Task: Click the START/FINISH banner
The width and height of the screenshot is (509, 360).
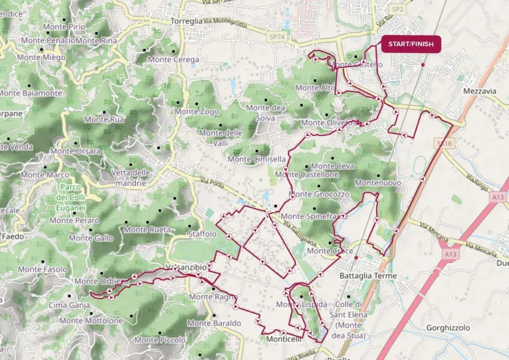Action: click(x=411, y=44)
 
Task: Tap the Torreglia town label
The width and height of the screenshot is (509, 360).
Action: click(x=186, y=21)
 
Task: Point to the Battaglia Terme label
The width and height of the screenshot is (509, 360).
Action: click(x=368, y=275)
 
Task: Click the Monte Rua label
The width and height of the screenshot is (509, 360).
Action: click(x=104, y=119)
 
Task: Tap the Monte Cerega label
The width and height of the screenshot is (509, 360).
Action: click(x=173, y=59)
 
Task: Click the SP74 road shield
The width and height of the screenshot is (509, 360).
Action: click(x=274, y=37)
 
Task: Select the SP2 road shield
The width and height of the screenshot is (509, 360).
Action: click(x=397, y=9)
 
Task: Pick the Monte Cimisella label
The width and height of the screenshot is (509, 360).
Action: click(x=256, y=159)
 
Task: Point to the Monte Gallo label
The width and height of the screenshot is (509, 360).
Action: click(x=91, y=238)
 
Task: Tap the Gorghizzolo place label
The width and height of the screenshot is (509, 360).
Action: click(x=448, y=328)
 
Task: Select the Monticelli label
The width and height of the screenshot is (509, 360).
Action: click(x=284, y=339)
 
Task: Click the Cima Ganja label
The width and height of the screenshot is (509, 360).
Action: click(x=69, y=305)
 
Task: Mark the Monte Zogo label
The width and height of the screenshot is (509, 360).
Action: click(x=196, y=111)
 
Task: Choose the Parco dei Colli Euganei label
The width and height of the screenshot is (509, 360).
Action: click(x=72, y=197)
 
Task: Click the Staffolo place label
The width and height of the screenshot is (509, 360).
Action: click(x=202, y=234)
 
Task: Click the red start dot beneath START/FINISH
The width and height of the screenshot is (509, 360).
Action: click(x=423, y=65)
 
